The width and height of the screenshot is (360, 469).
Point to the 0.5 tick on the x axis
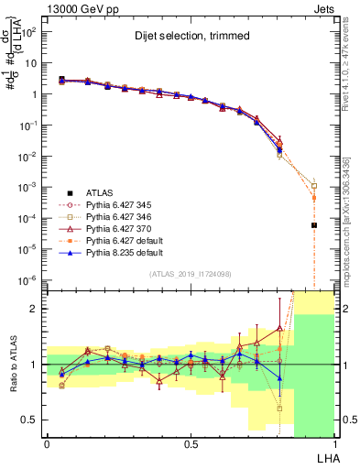pyautogui.click(x=190, y=442)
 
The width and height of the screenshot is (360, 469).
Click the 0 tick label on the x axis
pyautogui.click(x=47, y=442)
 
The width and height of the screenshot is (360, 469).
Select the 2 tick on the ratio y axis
pyautogui.click(x=34, y=309)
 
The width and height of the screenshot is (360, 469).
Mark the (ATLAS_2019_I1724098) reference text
pyautogui.click(x=190, y=275)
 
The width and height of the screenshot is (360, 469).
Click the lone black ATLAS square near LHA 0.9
pyautogui.click(x=314, y=225)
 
